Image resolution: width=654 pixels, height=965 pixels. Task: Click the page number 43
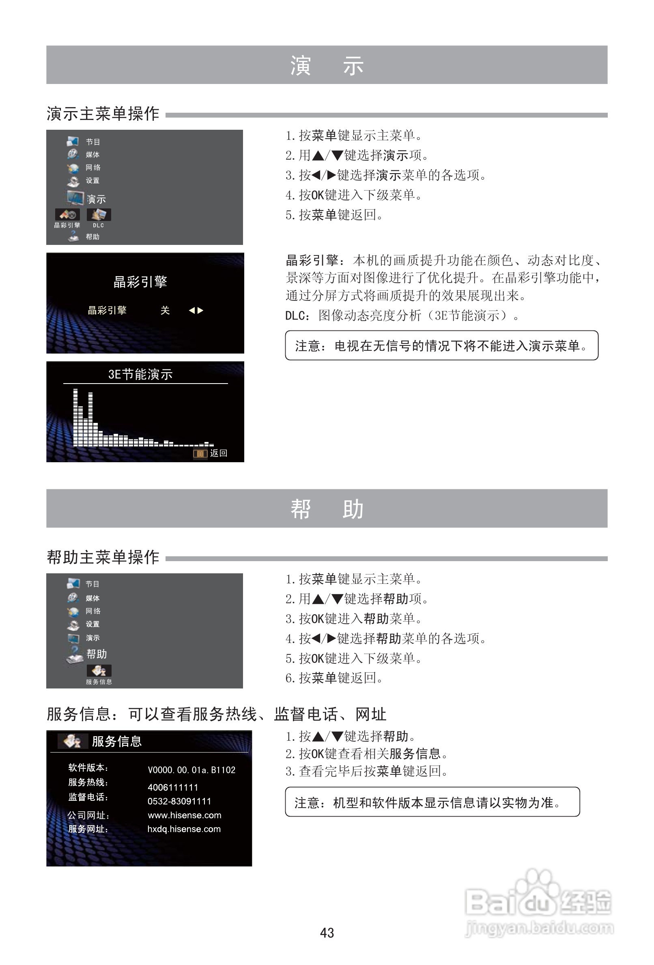[327, 933]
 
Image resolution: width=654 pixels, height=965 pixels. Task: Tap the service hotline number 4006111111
[173, 787]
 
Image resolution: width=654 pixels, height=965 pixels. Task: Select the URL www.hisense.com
[185, 815]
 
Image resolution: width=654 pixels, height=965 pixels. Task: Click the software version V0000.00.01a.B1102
[191, 770]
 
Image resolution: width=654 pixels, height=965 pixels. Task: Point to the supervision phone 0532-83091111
[179, 801]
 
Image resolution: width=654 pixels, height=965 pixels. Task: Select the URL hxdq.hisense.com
[184, 829]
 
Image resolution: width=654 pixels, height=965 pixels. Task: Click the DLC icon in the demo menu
[99, 214]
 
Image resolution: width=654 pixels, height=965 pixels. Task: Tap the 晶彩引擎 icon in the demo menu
[67, 214]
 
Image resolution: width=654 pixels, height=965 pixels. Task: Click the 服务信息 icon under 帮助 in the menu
[99, 670]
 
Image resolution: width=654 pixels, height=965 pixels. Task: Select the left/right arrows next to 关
[196, 310]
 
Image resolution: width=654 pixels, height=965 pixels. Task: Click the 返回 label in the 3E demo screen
[219, 453]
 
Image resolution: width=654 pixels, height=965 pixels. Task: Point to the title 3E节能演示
[140, 374]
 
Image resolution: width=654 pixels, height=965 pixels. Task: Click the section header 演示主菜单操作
[103, 114]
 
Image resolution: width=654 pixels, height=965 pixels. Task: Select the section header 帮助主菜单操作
[103, 557]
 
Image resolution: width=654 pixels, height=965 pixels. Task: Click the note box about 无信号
[441, 345]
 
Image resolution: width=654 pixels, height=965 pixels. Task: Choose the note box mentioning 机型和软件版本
[432, 802]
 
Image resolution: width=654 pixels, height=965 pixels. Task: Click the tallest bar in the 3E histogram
[75, 417]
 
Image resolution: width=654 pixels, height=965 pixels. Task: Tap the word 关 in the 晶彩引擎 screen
[165, 310]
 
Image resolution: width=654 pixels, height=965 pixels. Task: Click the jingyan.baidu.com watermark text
[539, 928]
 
